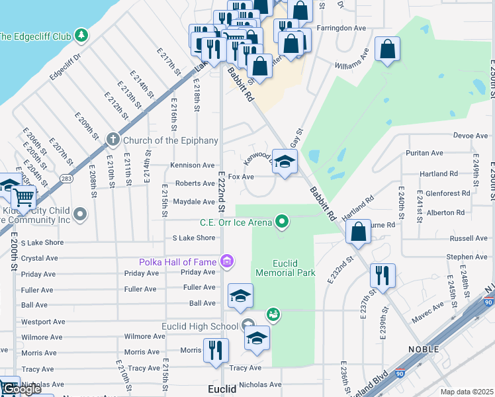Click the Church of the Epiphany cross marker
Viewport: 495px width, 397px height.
pyautogui.click(x=113, y=140)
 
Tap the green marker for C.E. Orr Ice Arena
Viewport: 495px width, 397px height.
pyautogui.click(x=283, y=222)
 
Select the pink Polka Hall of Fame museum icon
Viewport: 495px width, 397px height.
pyautogui.click(x=228, y=262)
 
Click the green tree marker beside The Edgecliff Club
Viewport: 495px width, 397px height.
pyautogui.click(x=81, y=34)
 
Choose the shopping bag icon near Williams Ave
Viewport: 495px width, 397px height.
pyautogui.click(x=387, y=49)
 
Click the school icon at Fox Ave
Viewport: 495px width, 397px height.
pyautogui.click(x=285, y=161)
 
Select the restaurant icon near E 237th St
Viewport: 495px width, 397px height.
pyautogui.click(x=382, y=274)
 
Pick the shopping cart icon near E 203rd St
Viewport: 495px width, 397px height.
pyautogui.click(x=24, y=197)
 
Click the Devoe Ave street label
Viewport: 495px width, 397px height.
pyautogui.click(x=471, y=135)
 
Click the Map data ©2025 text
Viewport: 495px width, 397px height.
pyautogui.click(x=466, y=392)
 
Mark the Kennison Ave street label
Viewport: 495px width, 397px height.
pyautogui.click(x=193, y=165)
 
